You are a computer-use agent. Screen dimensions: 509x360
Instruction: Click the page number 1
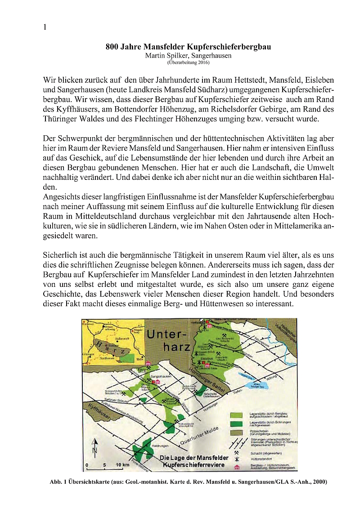[45, 27]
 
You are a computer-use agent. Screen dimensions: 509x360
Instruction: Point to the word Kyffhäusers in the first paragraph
[74, 110]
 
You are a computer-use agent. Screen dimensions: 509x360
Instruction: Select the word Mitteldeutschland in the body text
[92, 217]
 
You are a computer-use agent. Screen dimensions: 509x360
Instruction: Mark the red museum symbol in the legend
[237, 467]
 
